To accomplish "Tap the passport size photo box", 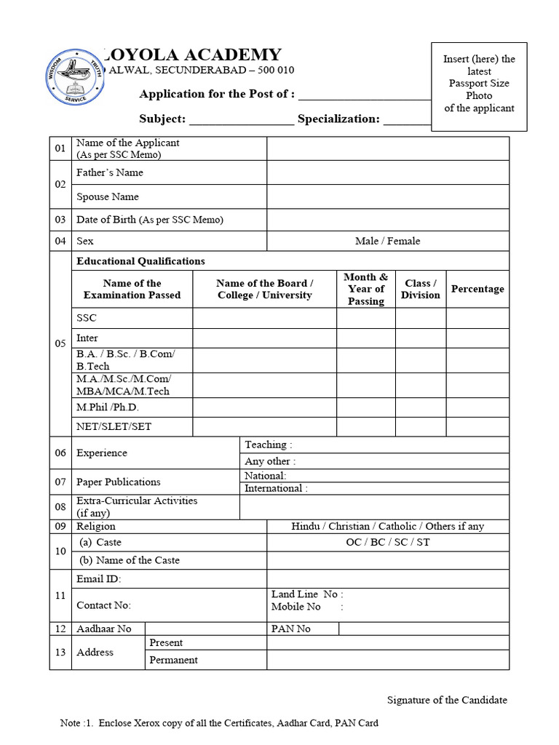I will [x=479, y=87].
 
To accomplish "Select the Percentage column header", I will [x=477, y=290].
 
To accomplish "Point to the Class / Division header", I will [x=421, y=290].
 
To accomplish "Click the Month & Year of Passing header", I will [x=366, y=290].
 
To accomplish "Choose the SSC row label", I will [x=87, y=318].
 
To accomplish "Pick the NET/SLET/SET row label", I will [x=114, y=426].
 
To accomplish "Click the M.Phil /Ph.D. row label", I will [x=108, y=407].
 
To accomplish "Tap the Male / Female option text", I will [x=387, y=241].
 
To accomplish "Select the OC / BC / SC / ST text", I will [x=387, y=543].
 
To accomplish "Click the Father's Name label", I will [x=110, y=172].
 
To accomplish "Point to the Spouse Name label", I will [x=108, y=196].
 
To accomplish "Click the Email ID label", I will [x=99, y=579].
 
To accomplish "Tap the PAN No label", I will [x=291, y=629].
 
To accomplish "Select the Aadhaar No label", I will [x=104, y=629].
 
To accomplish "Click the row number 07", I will [x=60, y=482].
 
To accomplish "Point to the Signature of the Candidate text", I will [x=446, y=700].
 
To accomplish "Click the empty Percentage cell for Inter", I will [x=477, y=338].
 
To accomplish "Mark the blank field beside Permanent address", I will [x=387, y=661].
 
